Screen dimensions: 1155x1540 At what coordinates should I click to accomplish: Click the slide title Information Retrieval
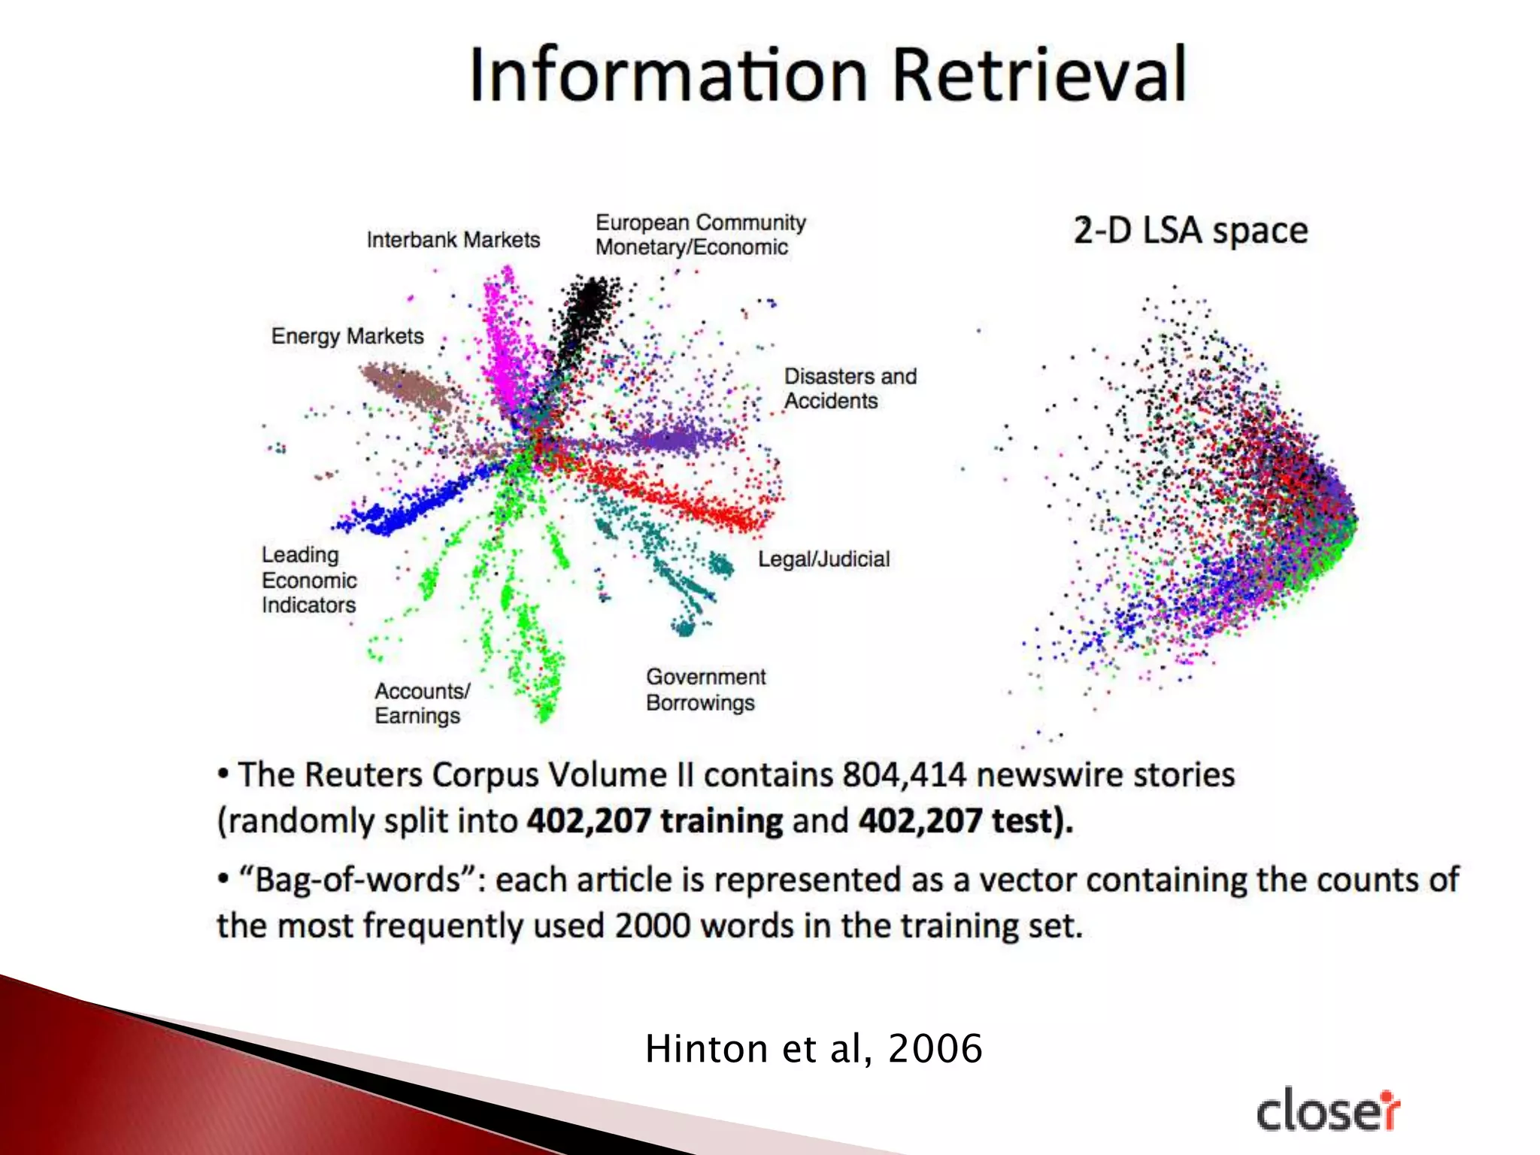pyautogui.click(x=828, y=74)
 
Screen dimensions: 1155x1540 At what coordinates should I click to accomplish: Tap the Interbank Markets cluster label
pyautogui.click(x=453, y=240)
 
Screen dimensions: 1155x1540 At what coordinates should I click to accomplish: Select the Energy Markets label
pyautogui.click(x=347, y=335)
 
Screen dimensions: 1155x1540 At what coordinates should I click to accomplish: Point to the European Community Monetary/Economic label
pyautogui.click(x=700, y=235)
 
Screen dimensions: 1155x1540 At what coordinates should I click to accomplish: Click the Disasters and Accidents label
pyautogui.click(x=850, y=388)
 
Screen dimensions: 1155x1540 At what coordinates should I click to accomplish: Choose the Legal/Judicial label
pyautogui.click(x=823, y=559)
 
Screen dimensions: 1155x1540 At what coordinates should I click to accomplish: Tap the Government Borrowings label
pyautogui.click(x=705, y=690)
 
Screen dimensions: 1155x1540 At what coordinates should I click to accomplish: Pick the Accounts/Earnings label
pyautogui.click(x=422, y=703)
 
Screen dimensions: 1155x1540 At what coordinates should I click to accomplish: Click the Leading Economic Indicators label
pyautogui.click(x=309, y=580)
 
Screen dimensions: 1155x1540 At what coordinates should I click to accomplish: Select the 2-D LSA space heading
pyautogui.click(x=1190, y=230)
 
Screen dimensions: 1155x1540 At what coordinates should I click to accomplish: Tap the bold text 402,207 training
pyautogui.click(x=654, y=820)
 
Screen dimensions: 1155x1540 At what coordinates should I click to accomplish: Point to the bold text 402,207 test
pyautogui.click(x=964, y=820)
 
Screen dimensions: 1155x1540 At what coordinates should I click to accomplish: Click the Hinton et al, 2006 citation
pyautogui.click(x=814, y=1048)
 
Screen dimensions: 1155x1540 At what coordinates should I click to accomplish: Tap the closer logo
pyautogui.click(x=1328, y=1111)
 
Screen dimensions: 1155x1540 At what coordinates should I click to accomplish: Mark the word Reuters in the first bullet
pyautogui.click(x=363, y=775)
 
